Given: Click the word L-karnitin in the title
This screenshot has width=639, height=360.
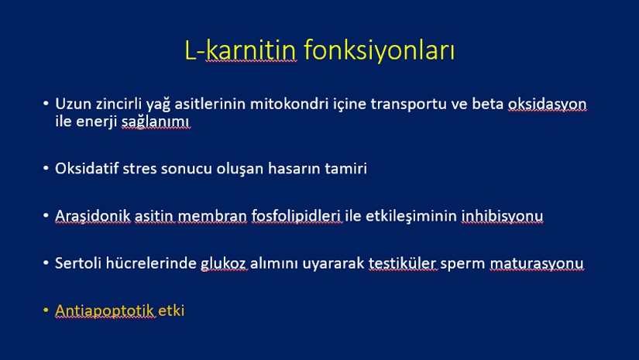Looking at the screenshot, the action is click(240, 50).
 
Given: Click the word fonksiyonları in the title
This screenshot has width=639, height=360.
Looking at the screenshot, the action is click(379, 50).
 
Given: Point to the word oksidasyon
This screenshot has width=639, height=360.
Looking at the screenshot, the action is click(547, 105).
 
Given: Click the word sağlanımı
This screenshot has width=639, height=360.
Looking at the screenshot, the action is click(156, 122).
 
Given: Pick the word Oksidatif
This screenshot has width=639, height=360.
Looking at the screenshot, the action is click(87, 168).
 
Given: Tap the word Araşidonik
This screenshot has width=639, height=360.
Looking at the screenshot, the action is click(93, 215).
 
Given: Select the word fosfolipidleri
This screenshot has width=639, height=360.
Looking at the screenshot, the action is click(297, 216).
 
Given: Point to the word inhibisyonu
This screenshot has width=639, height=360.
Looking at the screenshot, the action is click(502, 216).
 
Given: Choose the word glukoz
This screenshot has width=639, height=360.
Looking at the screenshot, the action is click(223, 263).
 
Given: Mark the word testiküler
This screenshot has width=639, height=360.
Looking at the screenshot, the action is click(403, 263).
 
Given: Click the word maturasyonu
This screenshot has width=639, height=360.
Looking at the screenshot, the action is click(537, 263).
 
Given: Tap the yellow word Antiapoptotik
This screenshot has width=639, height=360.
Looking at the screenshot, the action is click(105, 310).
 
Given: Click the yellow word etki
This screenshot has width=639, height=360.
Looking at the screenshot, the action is click(171, 310).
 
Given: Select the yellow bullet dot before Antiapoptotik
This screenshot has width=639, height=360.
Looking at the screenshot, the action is click(46, 310).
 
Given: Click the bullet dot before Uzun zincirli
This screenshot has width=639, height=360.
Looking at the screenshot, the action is click(46, 104).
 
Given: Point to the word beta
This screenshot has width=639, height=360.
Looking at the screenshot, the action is click(488, 104).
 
